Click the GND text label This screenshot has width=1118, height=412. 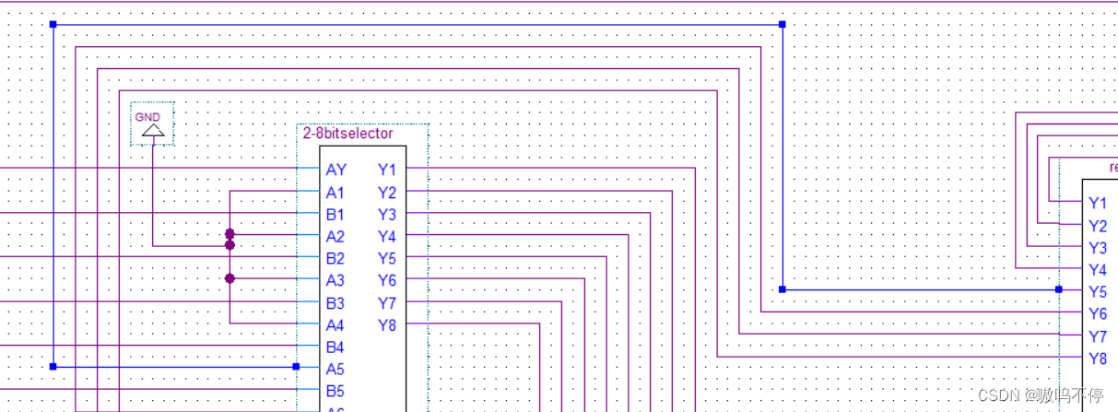point(147,117)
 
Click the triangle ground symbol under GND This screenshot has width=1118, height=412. point(153,132)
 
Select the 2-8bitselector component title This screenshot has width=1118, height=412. point(347,134)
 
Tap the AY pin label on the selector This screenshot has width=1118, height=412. point(335,170)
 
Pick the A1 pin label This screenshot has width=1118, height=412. point(335,192)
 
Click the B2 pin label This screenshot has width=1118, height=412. point(335,258)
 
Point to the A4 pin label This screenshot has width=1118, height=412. point(335,324)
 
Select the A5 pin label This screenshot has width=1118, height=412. point(335,369)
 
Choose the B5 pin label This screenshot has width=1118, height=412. point(335,391)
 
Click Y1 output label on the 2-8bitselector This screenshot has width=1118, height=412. point(386,170)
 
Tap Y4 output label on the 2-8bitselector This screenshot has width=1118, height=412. point(386,236)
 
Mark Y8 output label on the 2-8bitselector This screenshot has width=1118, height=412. point(386,324)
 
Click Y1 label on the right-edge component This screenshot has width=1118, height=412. point(1097,204)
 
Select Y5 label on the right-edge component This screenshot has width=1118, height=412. point(1097,292)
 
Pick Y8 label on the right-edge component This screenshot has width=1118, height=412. point(1097,359)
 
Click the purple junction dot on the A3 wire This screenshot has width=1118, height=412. point(229,277)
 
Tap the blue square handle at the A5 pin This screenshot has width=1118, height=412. point(296,367)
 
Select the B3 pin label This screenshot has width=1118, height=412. point(335,302)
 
